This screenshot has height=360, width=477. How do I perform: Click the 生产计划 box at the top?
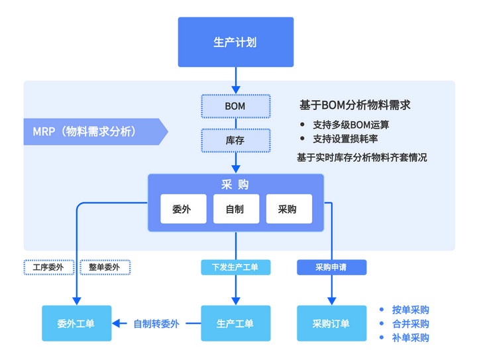pyautogui.click(x=235, y=42)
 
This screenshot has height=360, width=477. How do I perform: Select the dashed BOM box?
pyautogui.click(x=235, y=105)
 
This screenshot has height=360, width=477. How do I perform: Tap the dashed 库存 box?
pyautogui.click(x=235, y=140)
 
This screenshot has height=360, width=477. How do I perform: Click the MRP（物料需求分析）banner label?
pyautogui.click(x=85, y=131)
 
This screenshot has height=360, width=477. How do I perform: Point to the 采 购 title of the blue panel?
pyautogui.click(x=235, y=184)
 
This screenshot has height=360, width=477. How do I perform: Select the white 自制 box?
pyautogui.click(x=235, y=209)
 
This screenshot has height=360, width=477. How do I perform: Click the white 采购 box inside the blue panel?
pyautogui.click(x=288, y=209)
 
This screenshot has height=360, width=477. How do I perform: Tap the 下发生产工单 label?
pyautogui.click(x=235, y=267)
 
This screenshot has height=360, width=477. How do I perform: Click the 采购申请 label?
pyautogui.click(x=331, y=267)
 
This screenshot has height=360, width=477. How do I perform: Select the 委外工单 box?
pyautogui.click(x=76, y=324)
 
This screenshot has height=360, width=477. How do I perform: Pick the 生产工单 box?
pyautogui.click(x=235, y=324)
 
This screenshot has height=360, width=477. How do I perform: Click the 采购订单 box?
pyautogui.click(x=331, y=324)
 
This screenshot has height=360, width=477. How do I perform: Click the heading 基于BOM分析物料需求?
pyautogui.click(x=354, y=105)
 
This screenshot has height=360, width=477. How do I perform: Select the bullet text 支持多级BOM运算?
pyautogui.click(x=351, y=124)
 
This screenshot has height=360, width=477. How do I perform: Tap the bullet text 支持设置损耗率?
pyautogui.click(x=346, y=139)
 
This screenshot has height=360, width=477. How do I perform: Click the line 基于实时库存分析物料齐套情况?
pyautogui.click(x=362, y=158)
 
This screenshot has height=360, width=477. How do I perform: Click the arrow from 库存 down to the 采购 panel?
pyautogui.click(x=235, y=162)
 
